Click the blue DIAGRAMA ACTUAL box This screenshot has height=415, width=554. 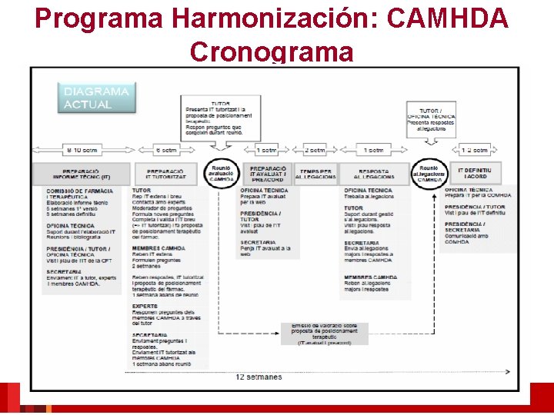pyautogui.click(x=96, y=98)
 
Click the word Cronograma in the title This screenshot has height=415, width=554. pyautogui.click(x=271, y=51)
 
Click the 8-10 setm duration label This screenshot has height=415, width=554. pyautogui.click(x=82, y=150)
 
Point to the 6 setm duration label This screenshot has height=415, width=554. pyautogui.click(x=166, y=150)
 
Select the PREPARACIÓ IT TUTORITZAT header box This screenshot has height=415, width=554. pyautogui.click(x=166, y=174)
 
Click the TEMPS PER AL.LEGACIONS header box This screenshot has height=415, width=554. pyautogui.click(x=317, y=174)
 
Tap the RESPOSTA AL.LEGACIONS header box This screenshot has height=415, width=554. pyautogui.click(x=374, y=174)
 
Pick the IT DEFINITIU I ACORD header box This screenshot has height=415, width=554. pyautogui.click(x=477, y=173)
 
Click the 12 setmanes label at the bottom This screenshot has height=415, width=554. pyautogui.click(x=259, y=377)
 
